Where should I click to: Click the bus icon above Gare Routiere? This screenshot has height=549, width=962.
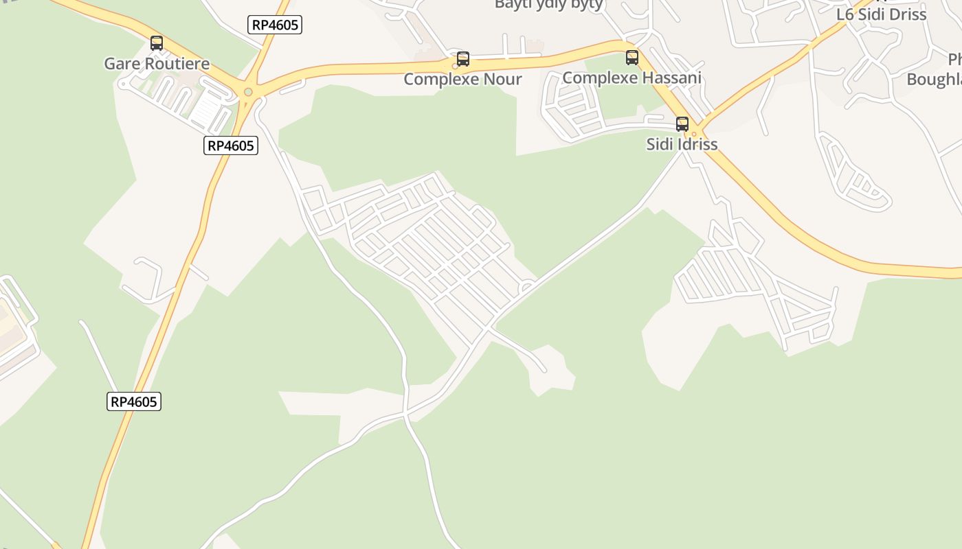157,43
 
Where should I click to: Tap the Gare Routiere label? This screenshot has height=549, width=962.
157,64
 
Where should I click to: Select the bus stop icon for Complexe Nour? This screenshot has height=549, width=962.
463,59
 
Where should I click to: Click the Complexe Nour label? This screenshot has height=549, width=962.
463,79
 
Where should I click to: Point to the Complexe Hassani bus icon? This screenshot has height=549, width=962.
632,58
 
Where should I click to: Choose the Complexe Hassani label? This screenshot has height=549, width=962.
632,78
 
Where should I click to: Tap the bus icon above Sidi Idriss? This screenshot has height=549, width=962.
682,124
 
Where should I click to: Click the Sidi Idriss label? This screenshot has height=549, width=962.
682,144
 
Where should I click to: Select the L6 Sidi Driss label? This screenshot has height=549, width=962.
882,14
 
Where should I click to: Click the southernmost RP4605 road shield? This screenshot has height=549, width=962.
134,401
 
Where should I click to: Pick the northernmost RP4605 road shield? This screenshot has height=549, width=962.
275,25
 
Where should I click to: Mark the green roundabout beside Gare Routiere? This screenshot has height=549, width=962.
248,92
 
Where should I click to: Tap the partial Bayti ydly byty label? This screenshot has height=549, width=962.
549,5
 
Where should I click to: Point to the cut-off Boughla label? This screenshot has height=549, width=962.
935,79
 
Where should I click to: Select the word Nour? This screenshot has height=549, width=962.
503,79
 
